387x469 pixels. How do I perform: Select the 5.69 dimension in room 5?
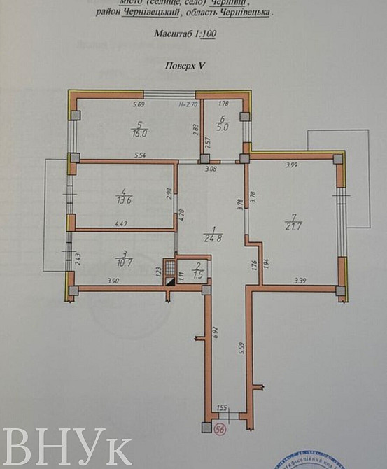coord(139,105)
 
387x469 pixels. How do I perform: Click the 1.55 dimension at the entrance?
coord(223,407)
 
